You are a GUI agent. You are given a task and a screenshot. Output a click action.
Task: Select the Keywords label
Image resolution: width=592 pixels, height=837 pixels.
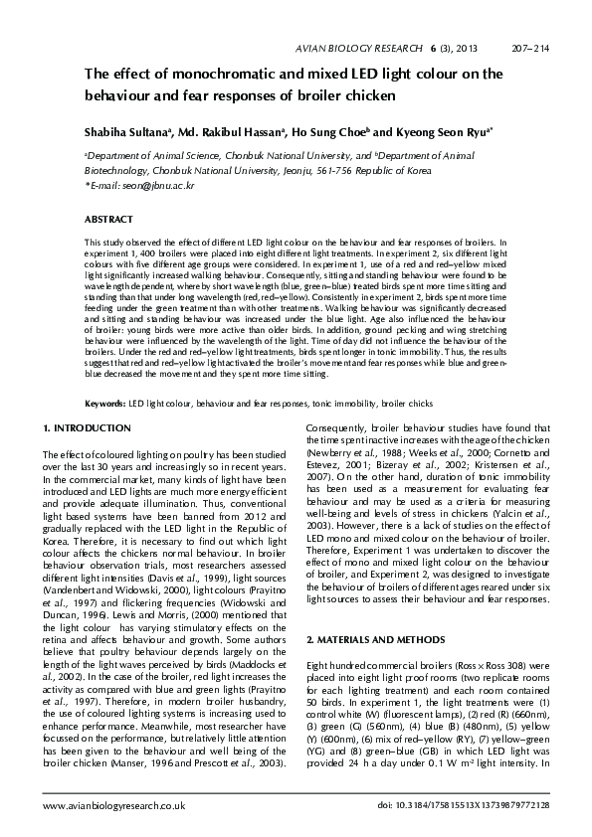point(105,405)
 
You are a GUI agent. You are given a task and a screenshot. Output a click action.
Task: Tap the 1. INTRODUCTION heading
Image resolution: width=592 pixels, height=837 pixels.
point(89,428)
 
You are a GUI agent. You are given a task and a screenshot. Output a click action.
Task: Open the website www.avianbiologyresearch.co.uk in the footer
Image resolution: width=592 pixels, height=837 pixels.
point(114,804)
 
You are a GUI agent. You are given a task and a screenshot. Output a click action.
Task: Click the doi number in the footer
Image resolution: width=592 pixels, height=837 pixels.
point(464,804)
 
